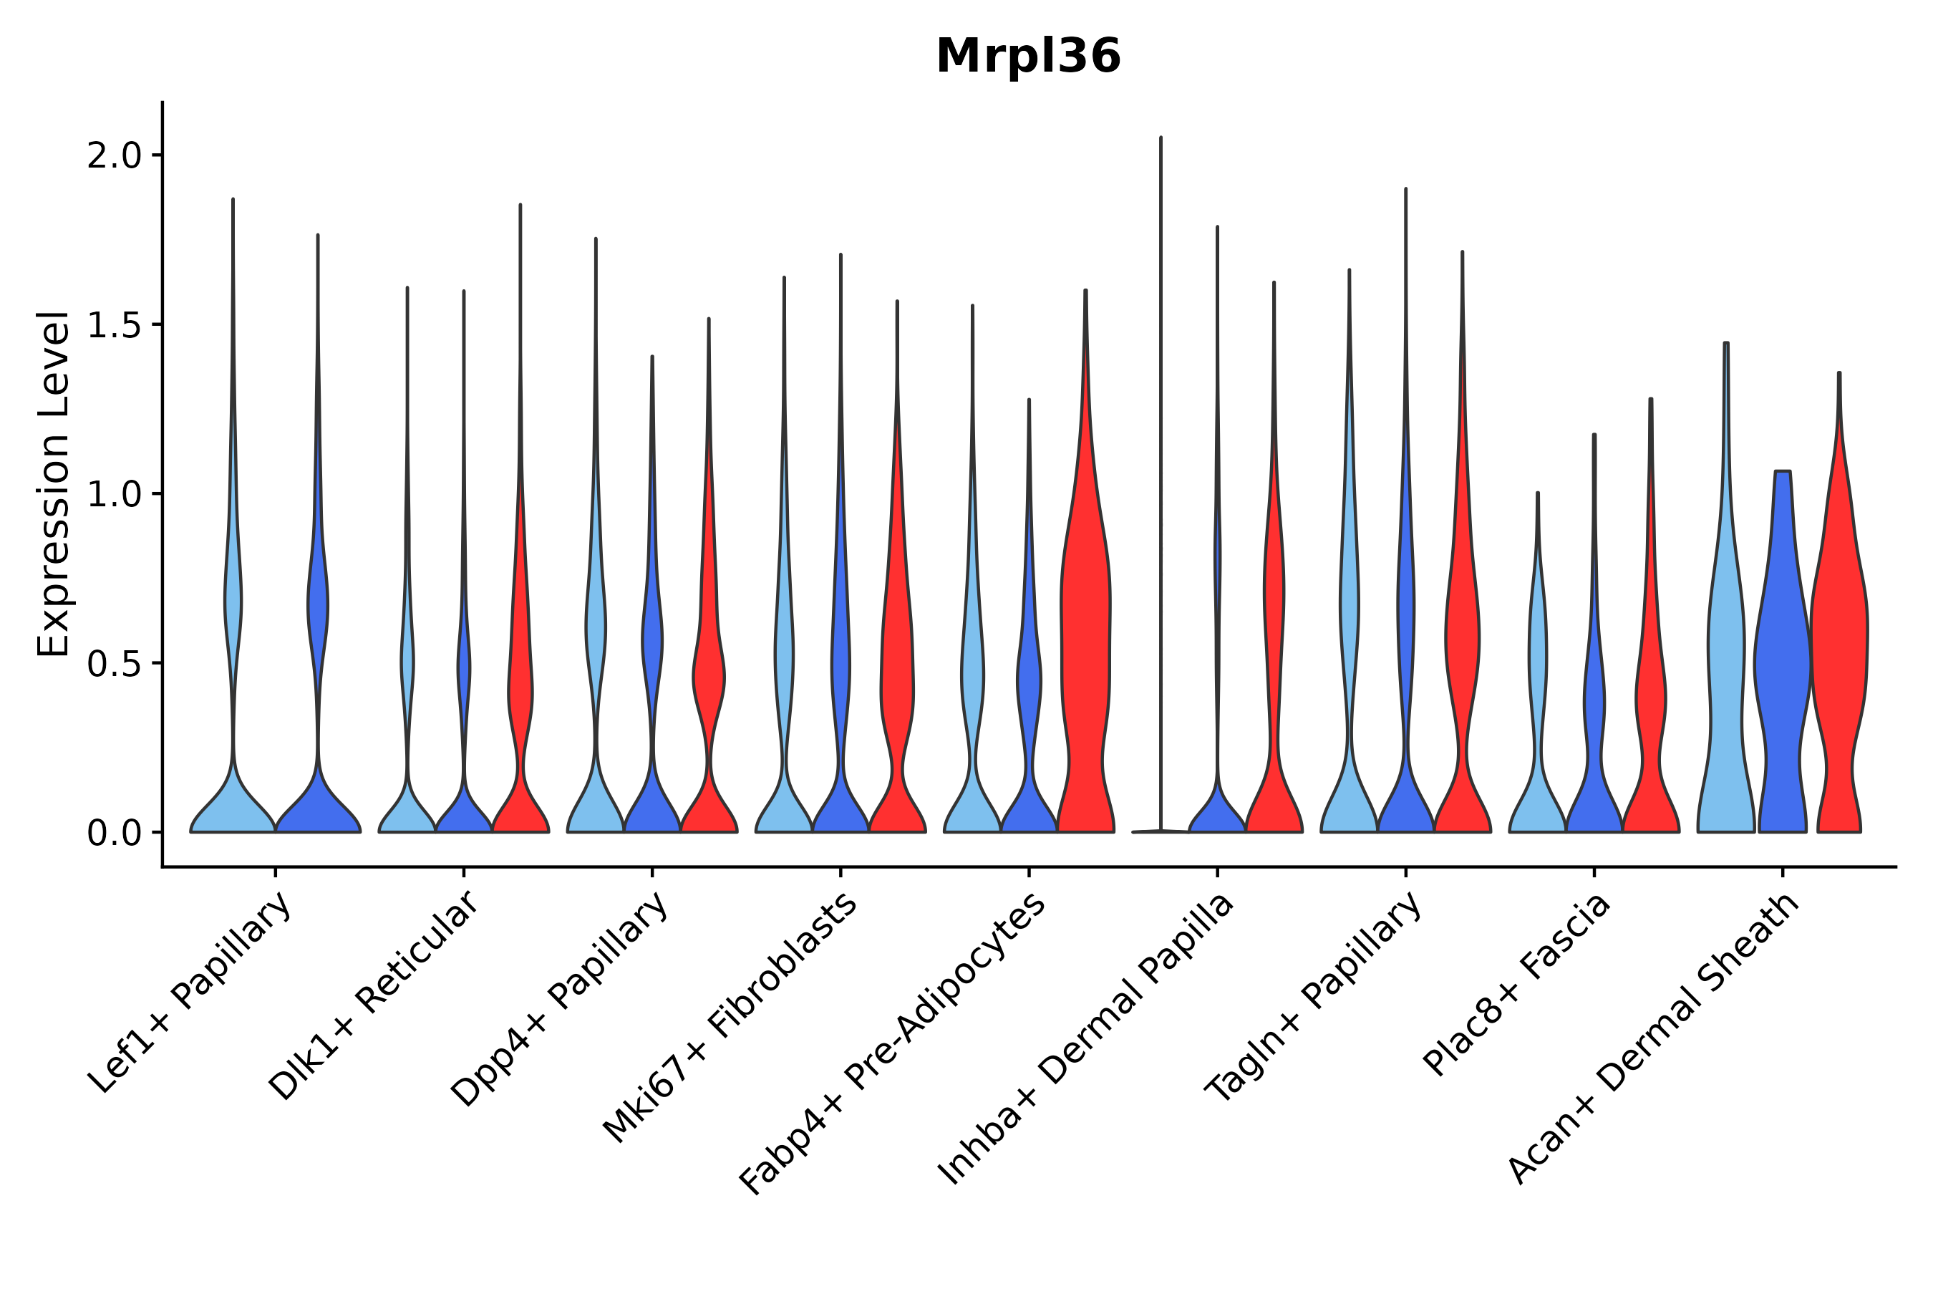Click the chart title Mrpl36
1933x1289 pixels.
tap(1027, 57)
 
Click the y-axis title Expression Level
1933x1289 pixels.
tap(52, 483)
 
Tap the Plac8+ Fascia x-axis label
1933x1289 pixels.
tap(1516, 984)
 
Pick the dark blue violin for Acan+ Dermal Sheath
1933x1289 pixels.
tap(1782, 657)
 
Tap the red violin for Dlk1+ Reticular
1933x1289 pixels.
tap(520, 699)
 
